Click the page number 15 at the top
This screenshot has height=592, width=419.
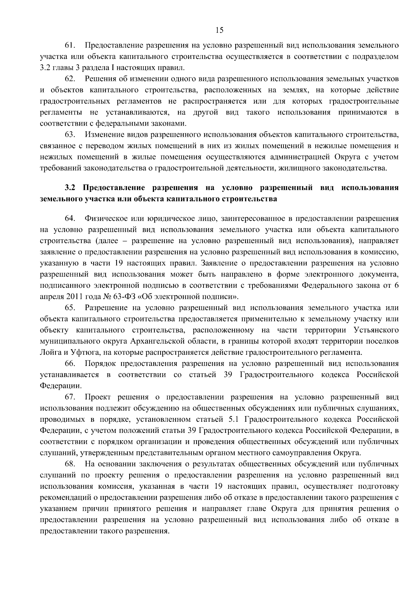[x=219, y=30]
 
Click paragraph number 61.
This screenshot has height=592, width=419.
[x=71, y=46]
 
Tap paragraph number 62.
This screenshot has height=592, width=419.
[x=71, y=79]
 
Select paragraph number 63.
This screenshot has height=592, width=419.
[x=71, y=135]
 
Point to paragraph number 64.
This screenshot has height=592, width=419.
[x=71, y=219]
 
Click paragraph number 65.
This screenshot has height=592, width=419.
[x=71, y=308]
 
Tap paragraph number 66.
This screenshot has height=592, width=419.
[x=71, y=364]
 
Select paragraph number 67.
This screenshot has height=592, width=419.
[x=71, y=397]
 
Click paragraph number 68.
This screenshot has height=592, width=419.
[x=71, y=464]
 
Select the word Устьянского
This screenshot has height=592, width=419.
[x=376, y=330]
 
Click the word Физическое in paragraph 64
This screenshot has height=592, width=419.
[x=104, y=219]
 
